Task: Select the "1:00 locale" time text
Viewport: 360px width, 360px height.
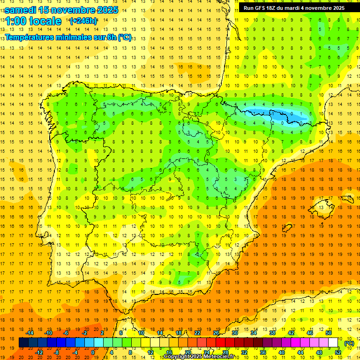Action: click(33, 21)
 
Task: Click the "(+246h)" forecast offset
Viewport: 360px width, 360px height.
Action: click(83, 21)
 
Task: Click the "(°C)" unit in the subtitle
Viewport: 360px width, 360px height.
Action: click(125, 37)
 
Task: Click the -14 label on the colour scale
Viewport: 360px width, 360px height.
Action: click(30, 333)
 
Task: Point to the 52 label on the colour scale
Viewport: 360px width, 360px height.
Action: click(338, 352)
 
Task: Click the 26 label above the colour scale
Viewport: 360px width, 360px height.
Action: click(216, 333)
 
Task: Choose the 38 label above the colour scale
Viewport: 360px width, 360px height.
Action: click(272, 333)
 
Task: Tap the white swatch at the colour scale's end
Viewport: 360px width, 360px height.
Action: click(333, 343)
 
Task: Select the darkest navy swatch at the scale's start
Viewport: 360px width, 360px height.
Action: click(23, 343)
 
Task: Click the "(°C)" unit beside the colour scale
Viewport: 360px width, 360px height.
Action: click(349, 343)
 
